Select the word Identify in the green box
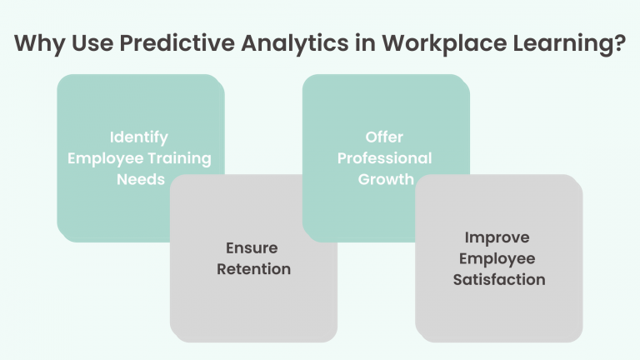point(139,137)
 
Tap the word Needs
point(140,179)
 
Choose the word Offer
point(384,137)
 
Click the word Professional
point(384,158)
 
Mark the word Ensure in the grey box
point(252,247)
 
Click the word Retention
point(253,269)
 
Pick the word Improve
point(498,237)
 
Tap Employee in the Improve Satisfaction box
point(498,258)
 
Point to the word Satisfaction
point(498,280)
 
